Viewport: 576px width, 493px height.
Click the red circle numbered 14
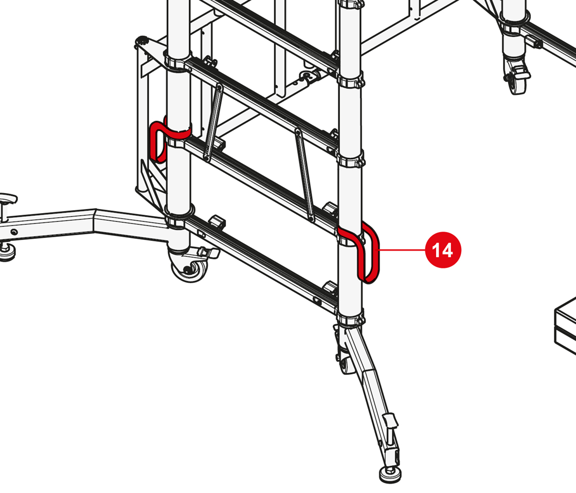click(x=443, y=250)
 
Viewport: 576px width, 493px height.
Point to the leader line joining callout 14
click(x=402, y=250)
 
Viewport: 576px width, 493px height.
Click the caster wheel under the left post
click(x=189, y=269)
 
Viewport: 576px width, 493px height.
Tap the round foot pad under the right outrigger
click(x=390, y=475)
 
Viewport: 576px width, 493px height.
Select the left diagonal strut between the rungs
click(x=213, y=122)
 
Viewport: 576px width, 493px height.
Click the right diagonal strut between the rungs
click(x=304, y=175)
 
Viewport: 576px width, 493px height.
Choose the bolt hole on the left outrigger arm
click(x=14, y=232)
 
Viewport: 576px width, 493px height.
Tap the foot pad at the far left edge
click(x=7, y=252)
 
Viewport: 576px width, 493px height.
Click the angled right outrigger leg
click(x=371, y=396)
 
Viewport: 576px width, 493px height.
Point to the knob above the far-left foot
click(x=8, y=199)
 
